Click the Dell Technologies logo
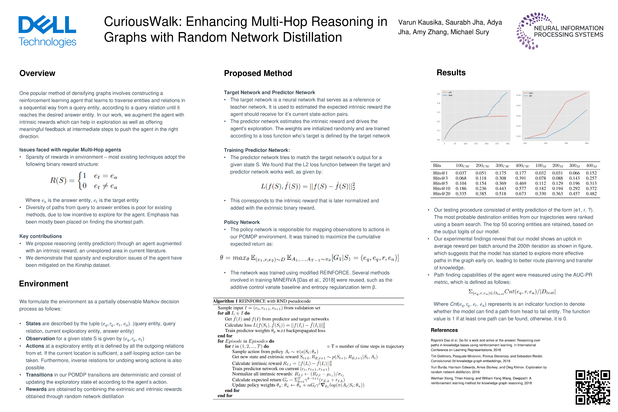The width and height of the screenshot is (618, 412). [47, 31]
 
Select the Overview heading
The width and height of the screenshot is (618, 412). [37, 73]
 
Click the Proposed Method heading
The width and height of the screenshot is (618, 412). [258, 73]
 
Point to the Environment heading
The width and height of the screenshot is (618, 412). [44, 284]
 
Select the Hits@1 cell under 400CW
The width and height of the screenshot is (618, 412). [521, 173]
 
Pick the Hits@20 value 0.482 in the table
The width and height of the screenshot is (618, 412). [591, 194]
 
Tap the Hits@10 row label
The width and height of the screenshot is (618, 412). [441, 188]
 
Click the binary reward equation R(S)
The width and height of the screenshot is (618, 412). [84, 181]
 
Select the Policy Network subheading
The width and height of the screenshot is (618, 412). [241, 222]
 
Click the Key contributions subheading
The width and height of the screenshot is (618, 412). [40, 236]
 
